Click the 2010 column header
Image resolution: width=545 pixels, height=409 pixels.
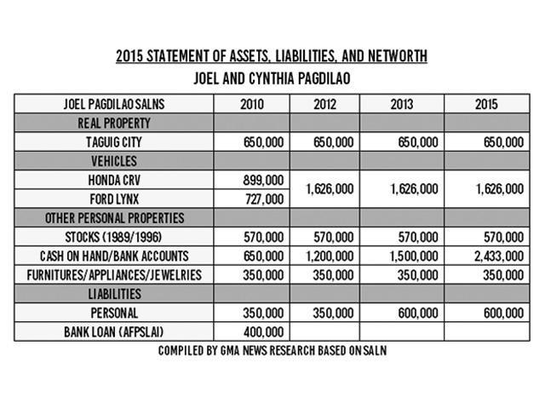click(x=252, y=104)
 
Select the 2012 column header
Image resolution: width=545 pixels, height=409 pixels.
click(x=324, y=104)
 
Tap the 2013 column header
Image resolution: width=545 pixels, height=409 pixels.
click(x=401, y=104)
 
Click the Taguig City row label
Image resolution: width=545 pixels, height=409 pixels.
click(x=114, y=142)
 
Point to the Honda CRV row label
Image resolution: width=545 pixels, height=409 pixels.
click(x=114, y=181)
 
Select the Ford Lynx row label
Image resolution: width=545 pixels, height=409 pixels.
click(x=114, y=199)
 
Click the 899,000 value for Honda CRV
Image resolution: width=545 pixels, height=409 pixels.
click(x=263, y=181)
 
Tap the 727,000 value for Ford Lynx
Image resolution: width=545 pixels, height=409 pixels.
click(x=263, y=199)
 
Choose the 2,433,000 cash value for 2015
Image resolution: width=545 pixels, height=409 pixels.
click(x=496, y=256)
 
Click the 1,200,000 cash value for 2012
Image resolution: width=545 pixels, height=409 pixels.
click(x=328, y=256)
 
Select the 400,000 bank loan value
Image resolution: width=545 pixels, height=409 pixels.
click(x=263, y=331)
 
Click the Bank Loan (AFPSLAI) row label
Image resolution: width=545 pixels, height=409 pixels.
click(x=114, y=331)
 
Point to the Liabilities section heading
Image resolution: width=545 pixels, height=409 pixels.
click(x=114, y=293)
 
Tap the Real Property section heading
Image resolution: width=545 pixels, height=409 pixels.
click(x=114, y=124)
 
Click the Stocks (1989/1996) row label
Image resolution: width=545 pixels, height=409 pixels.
click(x=114, y=237)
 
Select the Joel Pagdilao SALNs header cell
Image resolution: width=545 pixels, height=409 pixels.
click(x=114, y=104)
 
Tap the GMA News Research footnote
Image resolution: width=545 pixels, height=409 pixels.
click(x=272, y=350)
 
